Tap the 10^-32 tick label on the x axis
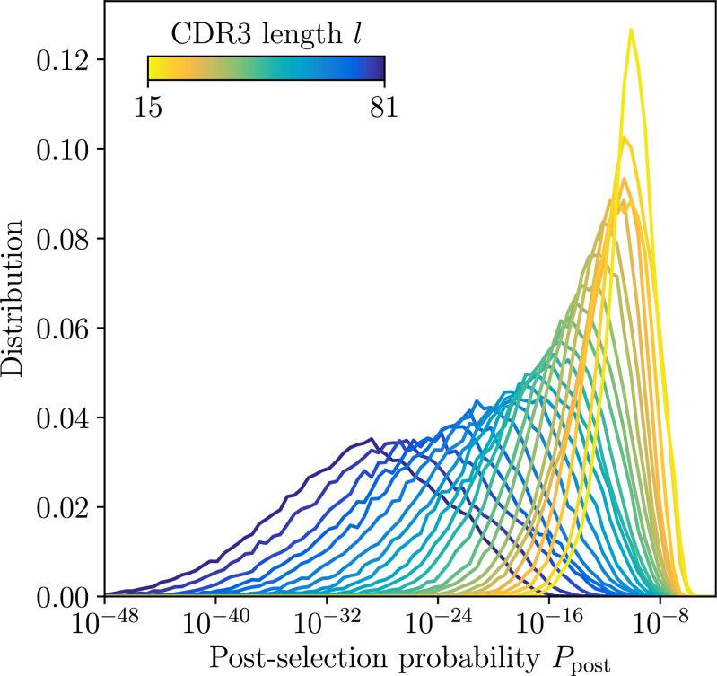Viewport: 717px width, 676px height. point(327,623)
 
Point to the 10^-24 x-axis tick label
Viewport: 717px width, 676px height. point(438,623)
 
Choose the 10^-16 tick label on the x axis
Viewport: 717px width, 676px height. point(549,623)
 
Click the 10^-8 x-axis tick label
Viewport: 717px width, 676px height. point(661,623)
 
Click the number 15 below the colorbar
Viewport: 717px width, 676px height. point(148,106)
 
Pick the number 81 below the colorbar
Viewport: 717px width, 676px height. point(383,106)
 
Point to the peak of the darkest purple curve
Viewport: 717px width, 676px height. point(372,438)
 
